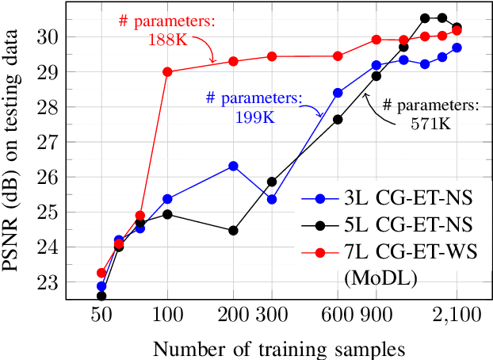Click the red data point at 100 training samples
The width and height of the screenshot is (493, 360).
click(x=167, y=71)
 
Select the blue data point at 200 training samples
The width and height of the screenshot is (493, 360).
click(x=233, y=166)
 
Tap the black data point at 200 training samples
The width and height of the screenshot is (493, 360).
click(x=233, y=231)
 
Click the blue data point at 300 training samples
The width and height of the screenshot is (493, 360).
click(x=272, y=199)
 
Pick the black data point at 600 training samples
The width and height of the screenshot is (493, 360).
click(x=338, y=119)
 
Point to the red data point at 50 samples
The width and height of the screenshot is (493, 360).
click(x=101, y=273)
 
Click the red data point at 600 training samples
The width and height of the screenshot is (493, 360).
click(x=338, y=56)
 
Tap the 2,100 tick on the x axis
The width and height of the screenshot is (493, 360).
click(x=457, y=315)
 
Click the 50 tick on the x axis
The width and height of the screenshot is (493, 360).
click(x=101, y=315)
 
